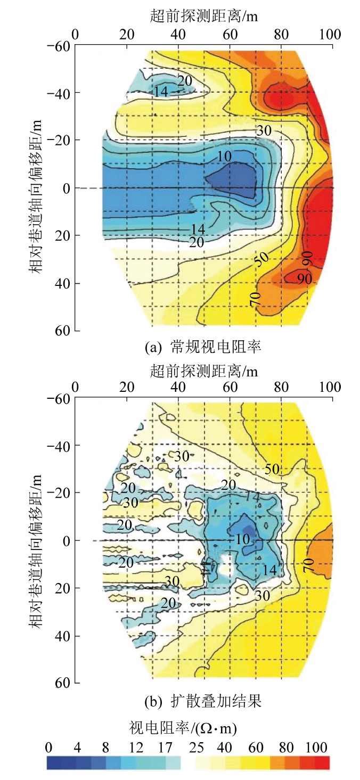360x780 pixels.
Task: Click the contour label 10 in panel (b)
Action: [x=242, y=539]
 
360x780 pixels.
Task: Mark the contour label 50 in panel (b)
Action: [x=272, y=469]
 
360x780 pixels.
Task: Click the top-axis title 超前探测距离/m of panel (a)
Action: [x=204, y=17]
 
